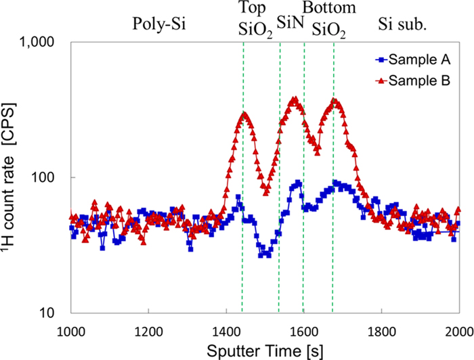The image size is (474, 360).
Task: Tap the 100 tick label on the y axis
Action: point(51,177)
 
